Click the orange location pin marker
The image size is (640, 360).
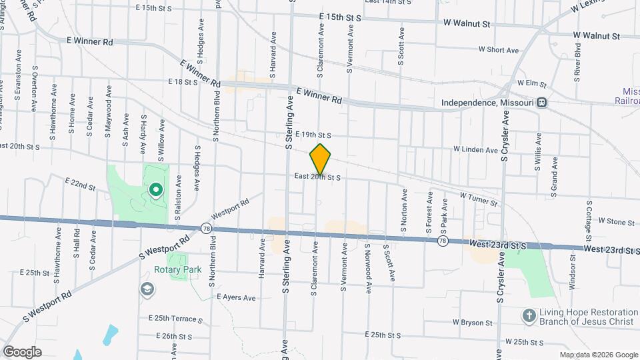[x=321, y=159]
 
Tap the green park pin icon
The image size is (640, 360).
[x=155, y=191]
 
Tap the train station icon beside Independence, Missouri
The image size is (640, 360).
[x=543, y=103]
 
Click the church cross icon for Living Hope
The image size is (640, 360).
[x=529, y=316]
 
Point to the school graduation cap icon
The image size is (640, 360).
[x=146, y=289]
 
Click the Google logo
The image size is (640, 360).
[x=23, y=351]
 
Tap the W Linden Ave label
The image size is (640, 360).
[x=475, y=150]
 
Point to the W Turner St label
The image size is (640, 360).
[x=479, y=199]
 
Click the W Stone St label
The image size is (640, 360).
[x=616, y=221]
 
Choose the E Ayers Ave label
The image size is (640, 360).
[x=237, y=297]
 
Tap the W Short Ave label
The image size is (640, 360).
[x=498, y=50]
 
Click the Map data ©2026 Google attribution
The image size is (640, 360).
[x=598, y=354]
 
